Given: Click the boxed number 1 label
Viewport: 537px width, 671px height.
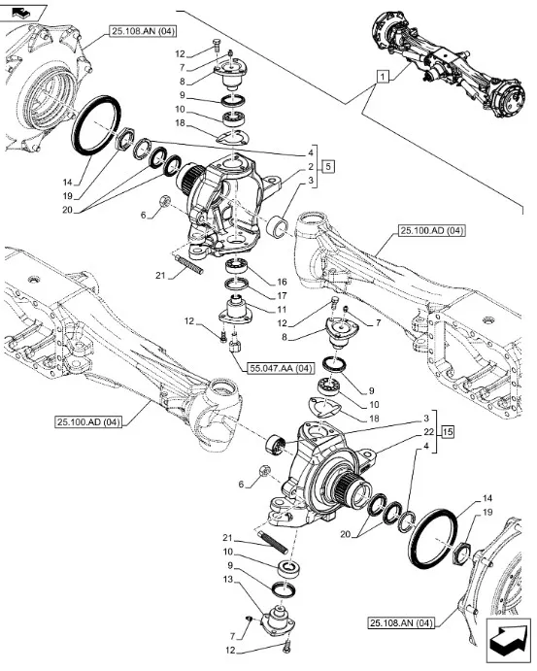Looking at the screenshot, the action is click(383, 77).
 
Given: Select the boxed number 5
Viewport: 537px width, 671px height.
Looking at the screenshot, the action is click(328, 166).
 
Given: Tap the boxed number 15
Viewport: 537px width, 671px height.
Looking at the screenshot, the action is click(448, 432).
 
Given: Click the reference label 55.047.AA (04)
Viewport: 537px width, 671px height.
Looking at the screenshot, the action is click(281, 368).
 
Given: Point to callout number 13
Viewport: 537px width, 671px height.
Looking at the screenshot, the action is click(228, 580).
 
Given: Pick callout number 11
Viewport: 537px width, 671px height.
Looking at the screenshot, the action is click(282, 310).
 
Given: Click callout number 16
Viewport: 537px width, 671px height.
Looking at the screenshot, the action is click(282, 282).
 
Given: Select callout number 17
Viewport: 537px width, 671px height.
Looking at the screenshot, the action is click(282, 296).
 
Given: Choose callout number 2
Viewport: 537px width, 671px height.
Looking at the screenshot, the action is click(311, 166).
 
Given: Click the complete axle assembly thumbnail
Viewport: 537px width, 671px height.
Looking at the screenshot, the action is click(449, 64).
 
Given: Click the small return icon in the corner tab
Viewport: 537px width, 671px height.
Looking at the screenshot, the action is click(20, 13).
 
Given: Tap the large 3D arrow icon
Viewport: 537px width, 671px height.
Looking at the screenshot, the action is click(508, 640).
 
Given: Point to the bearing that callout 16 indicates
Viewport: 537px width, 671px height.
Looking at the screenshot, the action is click(238, 267).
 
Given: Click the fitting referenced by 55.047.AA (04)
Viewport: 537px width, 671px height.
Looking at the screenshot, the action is click(235, 345).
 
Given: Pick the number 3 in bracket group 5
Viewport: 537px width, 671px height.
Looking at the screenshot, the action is click(311, 181).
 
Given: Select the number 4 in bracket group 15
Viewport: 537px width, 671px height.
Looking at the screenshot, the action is click(426, 446).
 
